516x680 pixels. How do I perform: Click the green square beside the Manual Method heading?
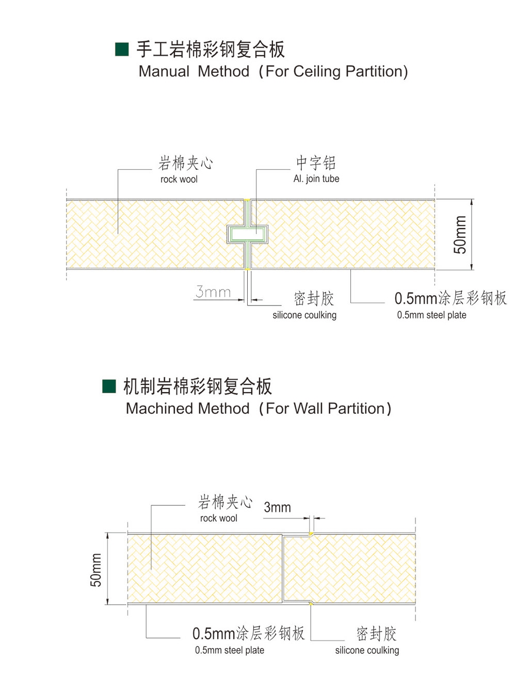point(122,49)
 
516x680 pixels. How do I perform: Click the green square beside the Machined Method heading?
point(109,386)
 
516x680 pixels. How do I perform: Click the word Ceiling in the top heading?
point(316,72)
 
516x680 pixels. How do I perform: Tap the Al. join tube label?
point(316,179)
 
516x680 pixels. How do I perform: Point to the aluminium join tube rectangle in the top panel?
point(247,234)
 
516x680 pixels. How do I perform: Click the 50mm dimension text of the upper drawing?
point(460,235)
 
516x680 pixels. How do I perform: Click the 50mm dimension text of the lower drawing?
point(95,570)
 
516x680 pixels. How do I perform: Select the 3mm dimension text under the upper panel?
point(213,292)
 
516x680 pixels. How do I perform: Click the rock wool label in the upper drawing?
point(179,179)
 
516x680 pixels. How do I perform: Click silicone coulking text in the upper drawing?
point(304,315)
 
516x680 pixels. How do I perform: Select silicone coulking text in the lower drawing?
point(367,650)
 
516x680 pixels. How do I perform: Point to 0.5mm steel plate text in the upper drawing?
point(431,315)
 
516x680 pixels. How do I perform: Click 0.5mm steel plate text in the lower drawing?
point(230,650)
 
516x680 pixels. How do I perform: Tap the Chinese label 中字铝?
point(316,163)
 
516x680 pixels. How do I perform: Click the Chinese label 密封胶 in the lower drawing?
point(376,634)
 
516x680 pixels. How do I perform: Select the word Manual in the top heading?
point(164,72)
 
